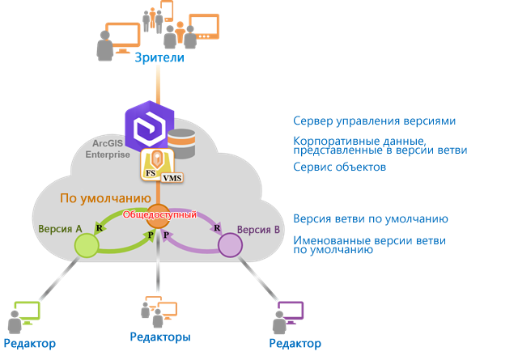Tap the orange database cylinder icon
click(x=182, y=143)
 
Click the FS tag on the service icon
click(x=151, y=173)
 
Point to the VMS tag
click(x=172, y=178)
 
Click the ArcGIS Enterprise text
click(x=108, y=148)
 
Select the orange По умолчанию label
click(x=104, y=197)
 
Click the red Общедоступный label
click(x=159, y=215)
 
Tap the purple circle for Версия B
click(x=230, y=245)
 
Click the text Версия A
click(x=60, y=229)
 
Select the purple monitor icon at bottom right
click(x=291, y=311)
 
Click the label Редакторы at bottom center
click(x=160, y=336)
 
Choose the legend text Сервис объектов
click(x=339, y=167)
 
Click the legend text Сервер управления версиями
click(x=374, y=121)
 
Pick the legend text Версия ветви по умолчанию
click(x=371, y=219)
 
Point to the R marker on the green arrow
click(x=99, y=229)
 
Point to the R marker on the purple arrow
click(x=218, y=229)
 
